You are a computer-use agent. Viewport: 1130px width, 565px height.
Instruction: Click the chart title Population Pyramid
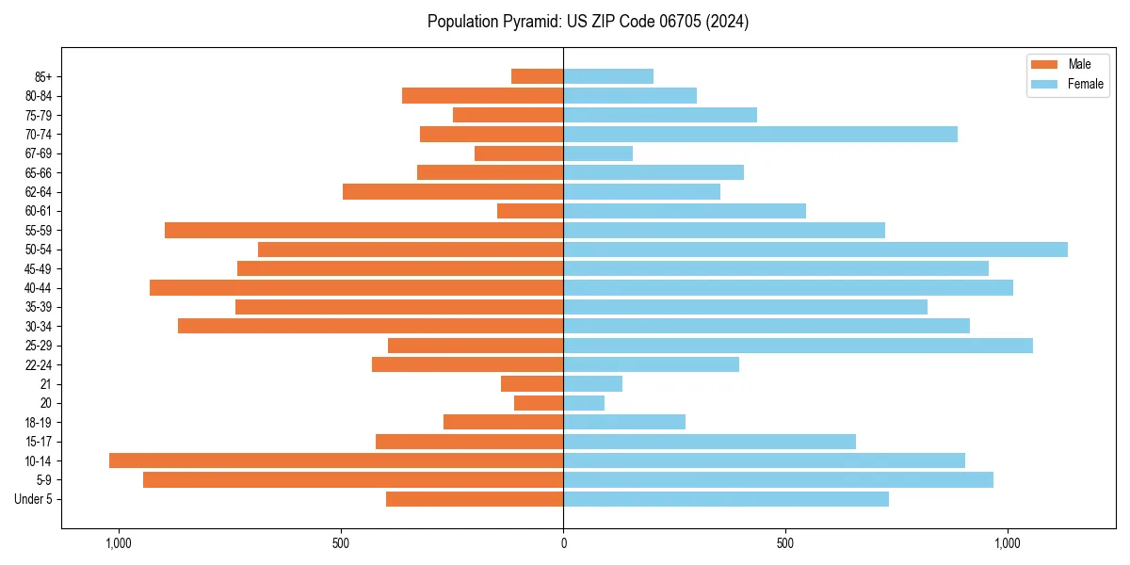(588, 22)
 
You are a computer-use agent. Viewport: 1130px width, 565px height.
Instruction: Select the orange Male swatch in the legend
(1045, 64)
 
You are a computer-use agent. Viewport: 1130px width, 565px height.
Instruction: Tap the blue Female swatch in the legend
(1045, 84)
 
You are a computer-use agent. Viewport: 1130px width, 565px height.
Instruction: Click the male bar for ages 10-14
(336, 460)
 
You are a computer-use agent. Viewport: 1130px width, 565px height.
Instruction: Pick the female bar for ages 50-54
(815, 250)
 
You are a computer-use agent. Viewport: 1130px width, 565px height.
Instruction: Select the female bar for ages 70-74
(760, 135)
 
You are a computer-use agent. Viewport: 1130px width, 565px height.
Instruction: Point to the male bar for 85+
(538, 76)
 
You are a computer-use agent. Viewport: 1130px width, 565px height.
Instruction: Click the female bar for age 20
(584, 403)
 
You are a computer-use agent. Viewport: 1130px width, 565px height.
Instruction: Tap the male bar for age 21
(532, 384)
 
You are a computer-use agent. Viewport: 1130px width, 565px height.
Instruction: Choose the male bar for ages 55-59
(364, 231)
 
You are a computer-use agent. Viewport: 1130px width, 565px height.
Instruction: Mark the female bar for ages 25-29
(798, 346)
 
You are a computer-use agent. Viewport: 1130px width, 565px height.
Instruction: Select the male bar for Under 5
(475, 499)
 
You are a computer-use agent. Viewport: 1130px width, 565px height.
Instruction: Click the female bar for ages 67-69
(598, 153)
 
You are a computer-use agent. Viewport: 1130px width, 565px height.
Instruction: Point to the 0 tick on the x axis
(563, 543)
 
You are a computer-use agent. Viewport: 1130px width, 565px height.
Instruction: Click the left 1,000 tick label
(119, 543)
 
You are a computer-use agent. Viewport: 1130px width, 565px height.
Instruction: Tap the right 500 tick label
(785, 543)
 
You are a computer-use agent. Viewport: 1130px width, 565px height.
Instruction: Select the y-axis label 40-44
(37, 288)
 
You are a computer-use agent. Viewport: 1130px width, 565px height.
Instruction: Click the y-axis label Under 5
(33, 499)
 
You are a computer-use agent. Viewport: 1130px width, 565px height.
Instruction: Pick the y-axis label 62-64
(37, 192)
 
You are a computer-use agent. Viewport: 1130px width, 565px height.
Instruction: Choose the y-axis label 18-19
(37, 423)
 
